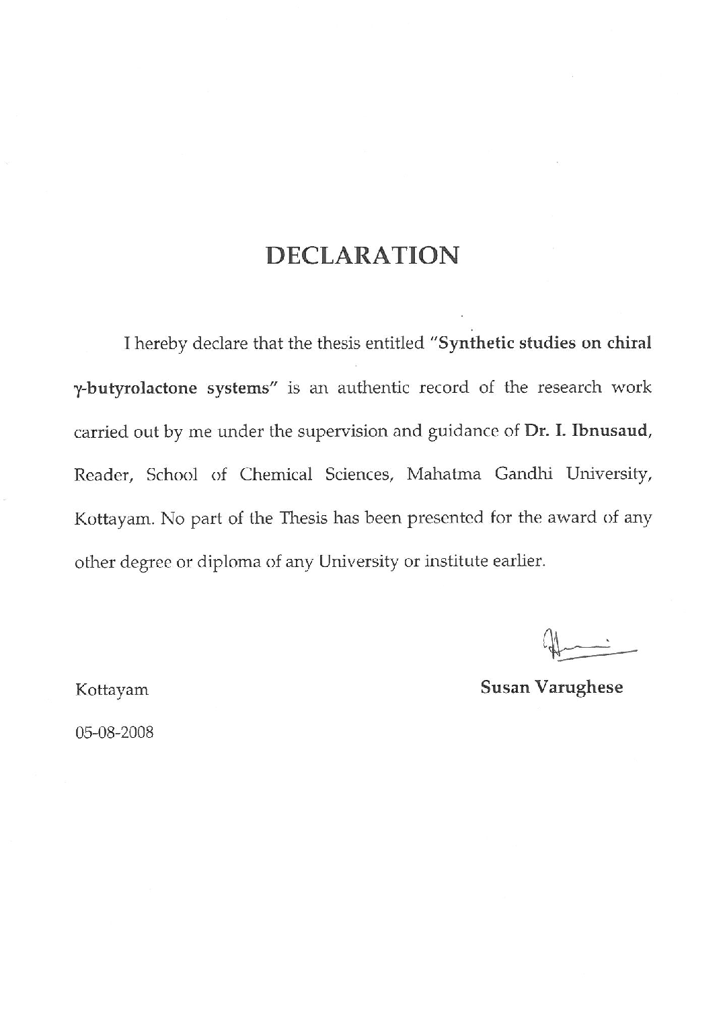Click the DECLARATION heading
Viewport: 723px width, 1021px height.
point(363,256)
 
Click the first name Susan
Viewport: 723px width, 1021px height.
point(504,687)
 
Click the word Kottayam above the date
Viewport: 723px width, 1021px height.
point(112,690)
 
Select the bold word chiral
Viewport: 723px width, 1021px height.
point(630,343)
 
